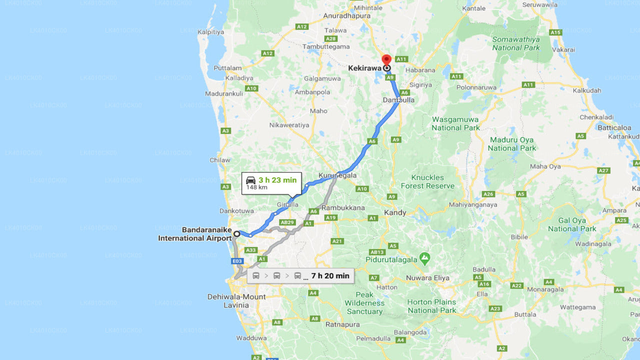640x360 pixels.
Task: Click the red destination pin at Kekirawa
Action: [x=386, y=60]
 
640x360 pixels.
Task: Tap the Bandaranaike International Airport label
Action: [x=195, y=234]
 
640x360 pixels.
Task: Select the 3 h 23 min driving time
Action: [x=277, y=180]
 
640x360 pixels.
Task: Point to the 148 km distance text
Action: [x=256, y=187]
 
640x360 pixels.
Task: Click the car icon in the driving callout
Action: [x=251, y=180]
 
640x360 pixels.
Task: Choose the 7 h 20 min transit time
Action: [x=330, y=275]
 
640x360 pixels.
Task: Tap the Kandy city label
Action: [x=395, y=212]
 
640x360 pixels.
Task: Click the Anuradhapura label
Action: [x=347, y=16]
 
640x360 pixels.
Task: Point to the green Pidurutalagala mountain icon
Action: [x=424, y=258]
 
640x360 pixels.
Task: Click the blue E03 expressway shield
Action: [x=237, y=261]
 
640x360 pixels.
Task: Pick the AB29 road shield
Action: [x=286, y=222]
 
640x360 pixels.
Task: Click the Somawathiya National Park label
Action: [x=516, y=43]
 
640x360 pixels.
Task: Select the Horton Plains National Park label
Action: [x=431, y=306]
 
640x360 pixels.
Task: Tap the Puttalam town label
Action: [x=227, y=68]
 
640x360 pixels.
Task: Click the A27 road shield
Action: [x=603, y=170]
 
